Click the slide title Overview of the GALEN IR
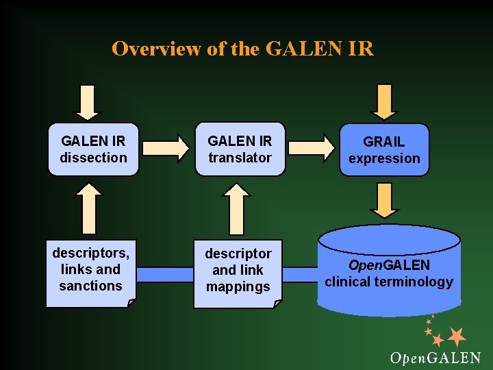coord(242,49)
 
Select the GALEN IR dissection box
coord(93,149)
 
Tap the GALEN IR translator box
coord(240,149)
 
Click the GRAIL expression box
coord(383,149)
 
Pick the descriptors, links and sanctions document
coord(90,270)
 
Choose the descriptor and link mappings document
coord(238,270)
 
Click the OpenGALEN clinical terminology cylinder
coord(389,271)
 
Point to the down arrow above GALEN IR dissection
coord(87,101)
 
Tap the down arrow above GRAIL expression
coord(383,101)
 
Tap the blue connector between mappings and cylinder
coord(301,273)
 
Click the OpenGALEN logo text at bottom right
coord(435,358)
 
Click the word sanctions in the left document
coord(90,286)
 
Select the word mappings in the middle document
coord(238,286)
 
